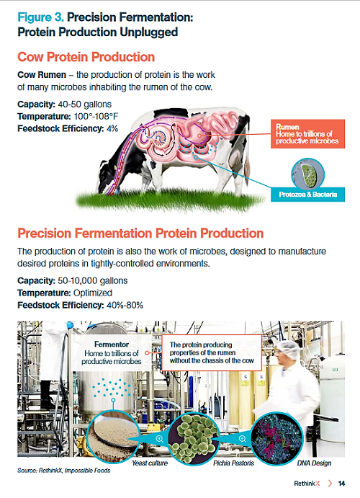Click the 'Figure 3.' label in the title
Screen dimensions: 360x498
[x=40, y=17]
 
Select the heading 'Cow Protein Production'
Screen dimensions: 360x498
[x=86, y=57]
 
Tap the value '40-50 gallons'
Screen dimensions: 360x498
[x=85, y=105]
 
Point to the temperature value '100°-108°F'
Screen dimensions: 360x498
[x=96, y=116]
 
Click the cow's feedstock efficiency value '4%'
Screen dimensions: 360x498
[x=112, y=128]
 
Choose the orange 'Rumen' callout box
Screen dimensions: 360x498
[x=307, y=134]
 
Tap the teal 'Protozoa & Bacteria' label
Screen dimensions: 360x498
[x=307, y=195]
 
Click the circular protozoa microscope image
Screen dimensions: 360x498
[x=307, y=174]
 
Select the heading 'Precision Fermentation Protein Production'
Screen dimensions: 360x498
[x=140, y=234]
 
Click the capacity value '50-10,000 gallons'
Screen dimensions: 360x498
[x=93, y=281]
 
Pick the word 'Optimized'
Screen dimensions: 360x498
[x=93, y=293]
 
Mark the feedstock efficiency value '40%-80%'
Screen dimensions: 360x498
[x=125, y=306]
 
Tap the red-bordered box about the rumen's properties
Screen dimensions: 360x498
[x=212, y=352]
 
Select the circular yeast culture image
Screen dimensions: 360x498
[x=113, y=438]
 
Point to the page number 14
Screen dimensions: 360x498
[x=341, y=484]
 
